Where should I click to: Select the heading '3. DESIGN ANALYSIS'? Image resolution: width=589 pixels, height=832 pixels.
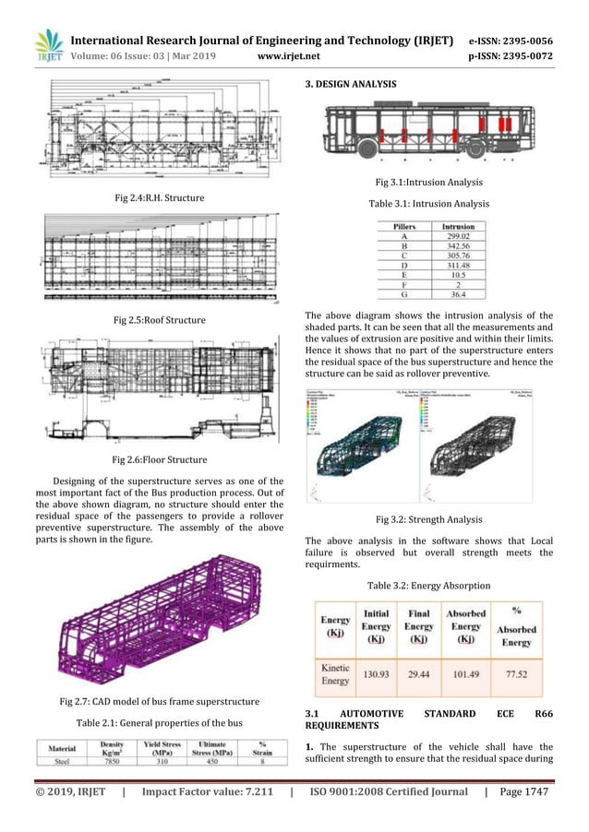(x=351, y=85)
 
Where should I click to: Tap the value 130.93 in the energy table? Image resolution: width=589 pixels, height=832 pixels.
(x=381, y=673)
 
